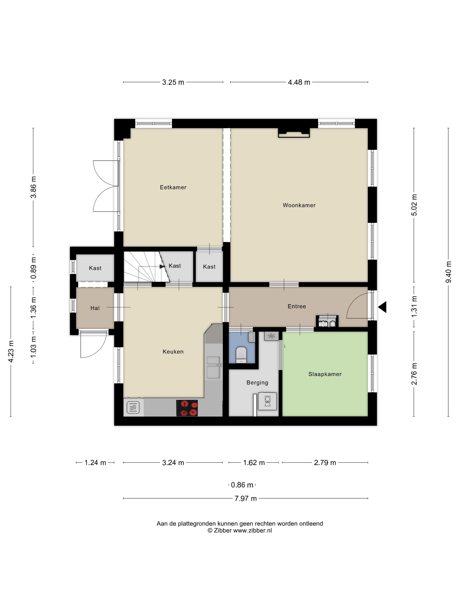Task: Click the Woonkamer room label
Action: click(299, 205)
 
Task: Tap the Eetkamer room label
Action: click(173, 187)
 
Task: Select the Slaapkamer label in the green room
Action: click(325, 374)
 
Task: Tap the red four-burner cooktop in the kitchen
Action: click(187, 408)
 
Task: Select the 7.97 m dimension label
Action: click(245, 499)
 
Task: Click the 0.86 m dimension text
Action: click(242, 485)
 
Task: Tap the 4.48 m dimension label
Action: click(299, 82)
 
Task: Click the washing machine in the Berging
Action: click(267, 401)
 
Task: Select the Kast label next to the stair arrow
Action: click(175, 266)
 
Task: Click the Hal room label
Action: click(95, 308)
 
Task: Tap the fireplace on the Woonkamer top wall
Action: click(294, 133)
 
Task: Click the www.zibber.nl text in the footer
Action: click(252, 530)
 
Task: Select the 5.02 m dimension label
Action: click(414, 205)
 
